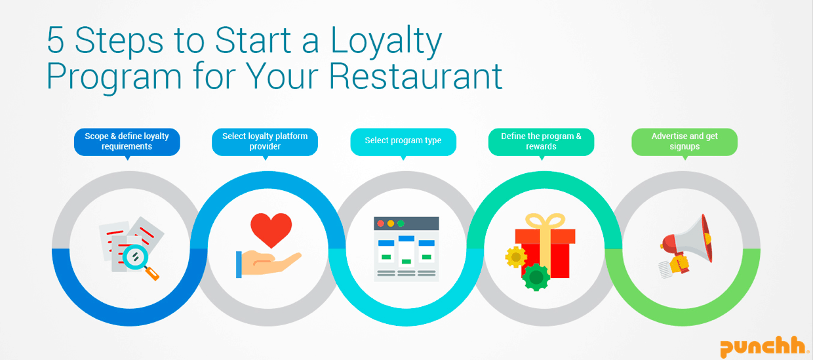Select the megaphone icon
[x=686, y=246]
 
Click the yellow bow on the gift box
[x=545, y=221]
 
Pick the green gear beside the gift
[x=536, y=277]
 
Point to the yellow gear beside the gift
[x=516, y=257]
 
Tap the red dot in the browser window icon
[x=381, y=224]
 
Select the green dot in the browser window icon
[x=401, y=224]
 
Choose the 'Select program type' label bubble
[x=403, y=142]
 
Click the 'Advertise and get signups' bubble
[x=684, y=142]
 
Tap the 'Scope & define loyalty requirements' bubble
[x=127, y=142]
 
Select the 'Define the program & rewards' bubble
[x=541, y=142]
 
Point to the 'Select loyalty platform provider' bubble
[x=265, y=142]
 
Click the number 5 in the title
[x=56, y=41]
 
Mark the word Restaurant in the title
[x=416, y=77]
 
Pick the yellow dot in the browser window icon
[x=391, y=224]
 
